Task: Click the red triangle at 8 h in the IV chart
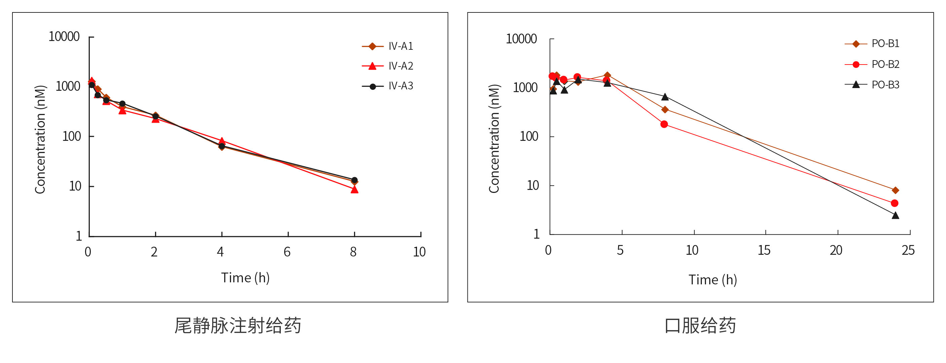[x=354, y=189]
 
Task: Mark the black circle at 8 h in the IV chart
[x=354, y=180]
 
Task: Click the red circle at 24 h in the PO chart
[x=895, y=203]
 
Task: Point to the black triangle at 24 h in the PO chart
[x=895, y=215]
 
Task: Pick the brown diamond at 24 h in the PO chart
[x=895, y=190]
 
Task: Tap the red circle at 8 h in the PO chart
[x=664, y=124]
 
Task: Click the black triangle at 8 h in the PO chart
[x=665, y=97]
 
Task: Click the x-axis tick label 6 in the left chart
[x=287, y=252]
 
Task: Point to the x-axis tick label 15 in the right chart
[x=764, y=250]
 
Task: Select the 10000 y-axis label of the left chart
[x=64, y=37]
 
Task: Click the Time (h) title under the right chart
[x=712, y=280]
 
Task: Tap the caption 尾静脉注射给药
[x=238, y=325]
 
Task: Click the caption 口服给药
[x=700, y=325]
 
